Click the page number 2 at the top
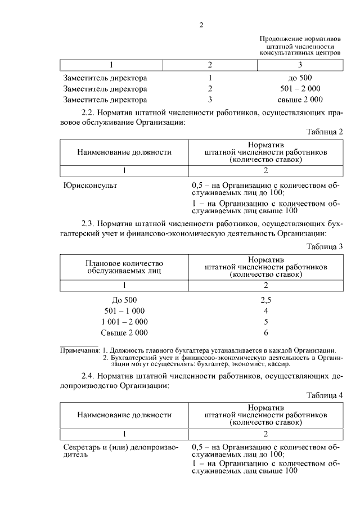point(201,24)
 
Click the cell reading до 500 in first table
point(300,78)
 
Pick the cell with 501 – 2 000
point(300,89)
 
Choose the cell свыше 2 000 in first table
point(300,100)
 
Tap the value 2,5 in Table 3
point(266,300)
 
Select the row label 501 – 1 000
point(124,311)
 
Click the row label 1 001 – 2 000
point(124,322)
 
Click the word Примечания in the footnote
point(79,350)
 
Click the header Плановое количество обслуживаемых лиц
point(124,267)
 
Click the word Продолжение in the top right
point(279,38)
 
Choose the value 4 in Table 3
point(266,311)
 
